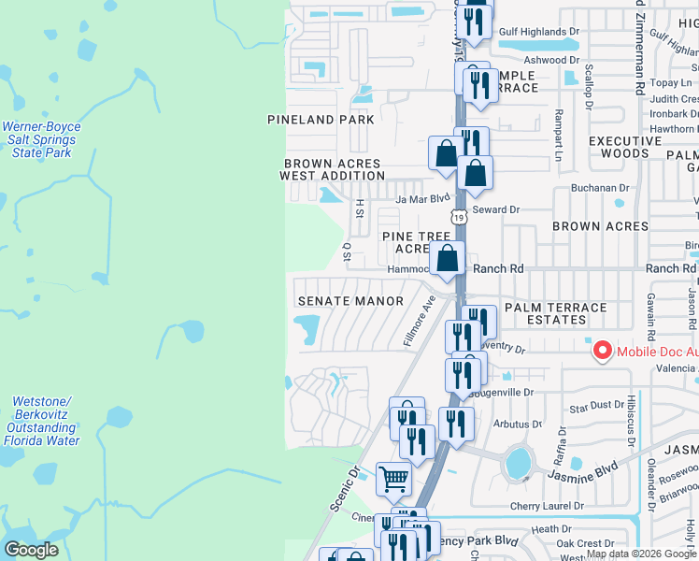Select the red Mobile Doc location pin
(x=603, y=351)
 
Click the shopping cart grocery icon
(x=394, y=480)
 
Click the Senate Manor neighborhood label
(x=349, y=301)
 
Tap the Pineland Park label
(x=321, y=120)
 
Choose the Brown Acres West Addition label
(x=332, y=169)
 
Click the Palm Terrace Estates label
(x=555, y=313)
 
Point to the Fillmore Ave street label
(x=421, y=321)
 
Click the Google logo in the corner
(x=31, y=550)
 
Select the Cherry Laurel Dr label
(x=547, y=506)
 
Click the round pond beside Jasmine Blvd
(x=516, y=462)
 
